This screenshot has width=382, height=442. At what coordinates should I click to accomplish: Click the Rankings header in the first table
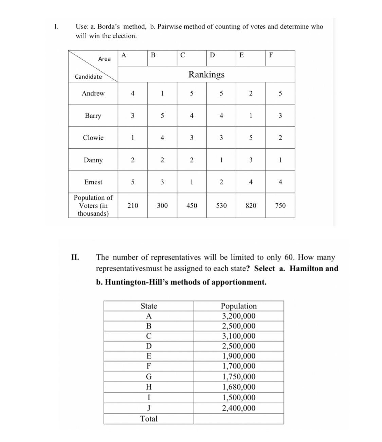pos(206,74)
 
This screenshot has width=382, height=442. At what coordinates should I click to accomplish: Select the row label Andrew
pos(93,93)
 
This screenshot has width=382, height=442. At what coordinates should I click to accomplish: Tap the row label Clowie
pos(93,137)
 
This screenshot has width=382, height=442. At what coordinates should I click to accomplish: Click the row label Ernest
pos(93,182)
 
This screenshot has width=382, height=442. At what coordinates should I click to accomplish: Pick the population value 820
pos(251,205)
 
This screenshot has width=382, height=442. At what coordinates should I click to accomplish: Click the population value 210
pos(132,205)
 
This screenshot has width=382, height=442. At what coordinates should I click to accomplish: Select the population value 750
pos(280,205)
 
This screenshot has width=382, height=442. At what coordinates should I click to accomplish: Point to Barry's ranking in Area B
pos(162,116)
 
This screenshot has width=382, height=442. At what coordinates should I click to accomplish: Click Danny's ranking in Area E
pos(251,160)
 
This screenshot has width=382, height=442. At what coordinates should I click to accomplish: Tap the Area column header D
pos(212,55)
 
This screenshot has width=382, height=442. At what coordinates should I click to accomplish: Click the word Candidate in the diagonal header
pos(88,77)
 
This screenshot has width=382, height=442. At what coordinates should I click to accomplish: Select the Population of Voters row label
pos(93,205)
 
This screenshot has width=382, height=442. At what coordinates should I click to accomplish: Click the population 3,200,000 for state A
pos(239,316)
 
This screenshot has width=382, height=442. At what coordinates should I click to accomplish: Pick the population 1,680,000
pos(239,387)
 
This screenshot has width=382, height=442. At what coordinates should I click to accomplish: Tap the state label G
pos(148,376)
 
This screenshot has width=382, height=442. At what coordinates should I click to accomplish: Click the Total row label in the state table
pos(149,419)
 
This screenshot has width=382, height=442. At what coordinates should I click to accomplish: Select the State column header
pos(149,306)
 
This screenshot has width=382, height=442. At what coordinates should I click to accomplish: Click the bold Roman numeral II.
pos(75,257)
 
